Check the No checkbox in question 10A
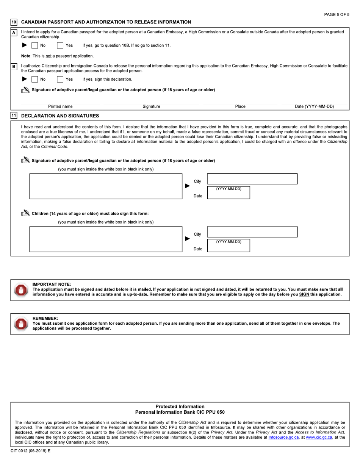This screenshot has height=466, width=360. coord(34,45)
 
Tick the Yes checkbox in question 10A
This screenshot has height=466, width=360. coord(60,45)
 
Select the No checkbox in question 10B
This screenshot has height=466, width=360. coord(34,79)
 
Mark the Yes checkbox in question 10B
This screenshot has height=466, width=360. coord(60,79)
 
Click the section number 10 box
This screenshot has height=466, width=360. coord(14,22)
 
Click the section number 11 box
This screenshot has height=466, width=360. coord(14,116)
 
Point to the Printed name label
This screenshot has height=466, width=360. coord(60,107)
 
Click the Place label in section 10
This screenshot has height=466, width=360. coord(240,107)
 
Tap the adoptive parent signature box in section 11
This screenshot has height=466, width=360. coord(105,186)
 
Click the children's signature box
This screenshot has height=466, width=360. coord(105,239)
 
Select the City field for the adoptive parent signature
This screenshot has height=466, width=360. coord(252,179)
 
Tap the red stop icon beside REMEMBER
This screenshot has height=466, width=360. coord(19,323)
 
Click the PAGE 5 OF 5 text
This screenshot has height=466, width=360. coord(337,14)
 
